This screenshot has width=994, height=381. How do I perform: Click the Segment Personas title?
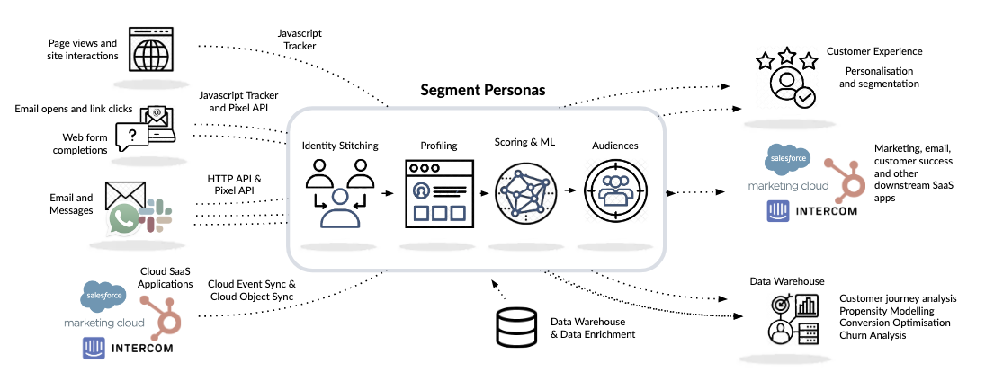(482, 91)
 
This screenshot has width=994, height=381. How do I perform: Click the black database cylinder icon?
(515, 328)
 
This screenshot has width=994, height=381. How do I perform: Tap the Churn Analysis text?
(873, 335)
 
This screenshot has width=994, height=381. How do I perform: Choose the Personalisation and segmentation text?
(879, 76)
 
